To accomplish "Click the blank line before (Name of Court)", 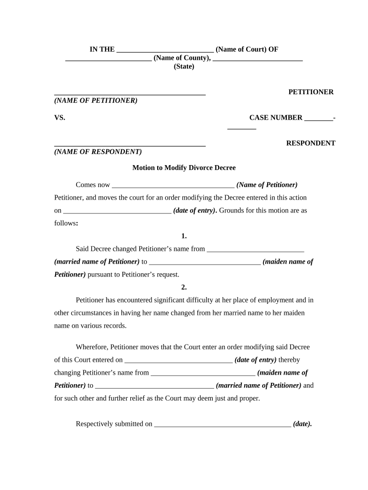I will [165, 49].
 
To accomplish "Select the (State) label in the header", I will [184, 67].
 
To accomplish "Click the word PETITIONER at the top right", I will [311, 92].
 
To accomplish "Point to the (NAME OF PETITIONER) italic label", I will [96, 100].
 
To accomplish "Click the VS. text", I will [60, 118].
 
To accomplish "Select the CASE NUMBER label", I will [276, 118].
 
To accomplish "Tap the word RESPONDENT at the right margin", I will [311, 143].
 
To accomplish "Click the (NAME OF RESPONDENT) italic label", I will [98, 152].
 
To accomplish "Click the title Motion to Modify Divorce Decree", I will [184, 168].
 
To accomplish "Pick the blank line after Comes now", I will [173, 185].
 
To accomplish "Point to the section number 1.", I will [184, 236].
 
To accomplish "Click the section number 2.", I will [184, 287].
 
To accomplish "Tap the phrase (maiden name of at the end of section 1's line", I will [288, 262].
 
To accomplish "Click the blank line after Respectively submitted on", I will [223, 424].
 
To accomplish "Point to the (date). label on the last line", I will [303, 424].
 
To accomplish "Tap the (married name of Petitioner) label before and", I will [259, 385].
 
